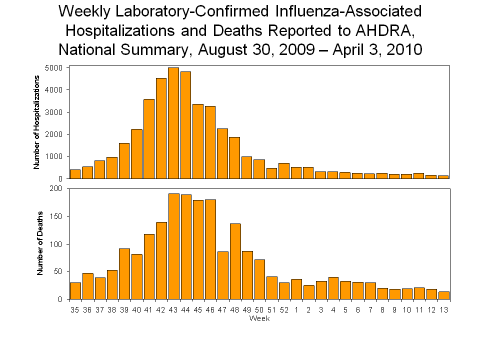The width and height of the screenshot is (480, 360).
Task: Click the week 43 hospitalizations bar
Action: tap(173, 123)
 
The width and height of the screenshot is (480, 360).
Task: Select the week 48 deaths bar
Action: tap(235, 261)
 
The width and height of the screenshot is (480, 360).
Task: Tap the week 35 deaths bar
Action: tap(75, 290)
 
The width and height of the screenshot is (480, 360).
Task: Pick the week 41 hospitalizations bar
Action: tap(149, 138)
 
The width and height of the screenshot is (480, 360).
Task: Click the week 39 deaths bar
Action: tap(124, 273)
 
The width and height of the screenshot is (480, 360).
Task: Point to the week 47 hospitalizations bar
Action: tap(222, 153)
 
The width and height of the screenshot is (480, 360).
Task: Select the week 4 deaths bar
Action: tap(333, 288)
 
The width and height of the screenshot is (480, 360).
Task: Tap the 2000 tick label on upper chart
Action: tap(55, 134)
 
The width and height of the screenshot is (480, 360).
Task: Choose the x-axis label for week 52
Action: tap(284, 309)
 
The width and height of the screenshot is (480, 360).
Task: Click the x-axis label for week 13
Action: tap(443, 309)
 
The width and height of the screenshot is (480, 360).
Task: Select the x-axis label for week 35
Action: tap(75, 309)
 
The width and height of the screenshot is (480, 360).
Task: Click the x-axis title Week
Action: tap(259, 318)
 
